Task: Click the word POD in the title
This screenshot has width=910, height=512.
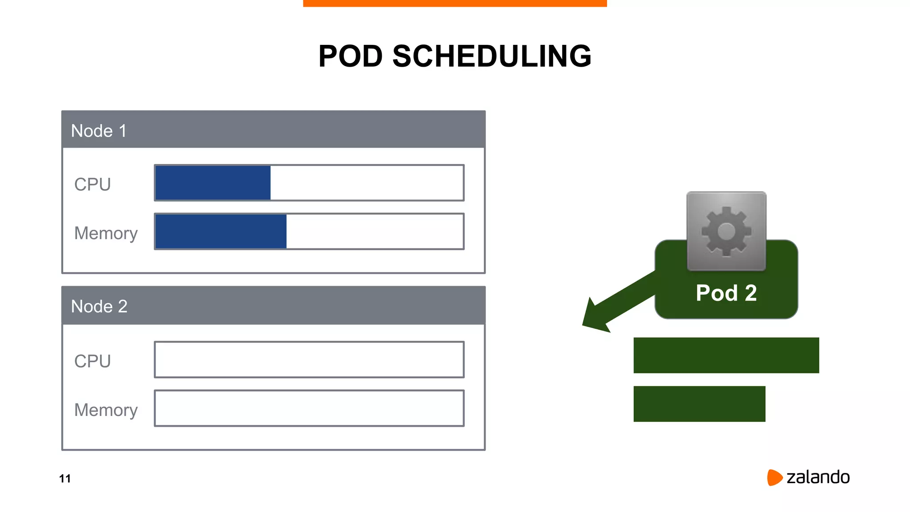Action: click(x=350, y=56)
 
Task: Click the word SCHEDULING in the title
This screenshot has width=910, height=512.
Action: click(x=492, y=56)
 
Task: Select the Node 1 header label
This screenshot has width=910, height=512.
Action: click(x=99, y=131)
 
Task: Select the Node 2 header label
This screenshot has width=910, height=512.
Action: click(x=99, y=307)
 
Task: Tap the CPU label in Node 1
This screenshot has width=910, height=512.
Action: click(x=92, y=184)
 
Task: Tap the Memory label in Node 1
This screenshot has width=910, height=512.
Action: click(x=106, y=233)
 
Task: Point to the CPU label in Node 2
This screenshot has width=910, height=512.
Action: click(x=92, y=361)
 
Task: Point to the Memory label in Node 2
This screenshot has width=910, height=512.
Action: click(x=106, y=410)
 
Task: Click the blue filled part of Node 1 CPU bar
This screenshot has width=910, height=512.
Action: click(x=213, y=183)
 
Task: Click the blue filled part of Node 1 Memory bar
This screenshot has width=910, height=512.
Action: click(x=221, y=232)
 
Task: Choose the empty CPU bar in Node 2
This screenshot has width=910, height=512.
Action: click(x=309, y=360)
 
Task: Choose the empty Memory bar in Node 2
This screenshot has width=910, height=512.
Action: click(x=309, y=408)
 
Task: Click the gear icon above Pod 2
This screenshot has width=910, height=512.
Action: click(x=726, y=231)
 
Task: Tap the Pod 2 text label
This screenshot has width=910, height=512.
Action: click(x=726, y=293)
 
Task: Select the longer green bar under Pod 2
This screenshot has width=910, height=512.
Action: click(x=726, y=355)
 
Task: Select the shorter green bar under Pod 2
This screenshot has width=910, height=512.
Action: click(x=699, y=404)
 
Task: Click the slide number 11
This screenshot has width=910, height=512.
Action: click(x=65, y=479)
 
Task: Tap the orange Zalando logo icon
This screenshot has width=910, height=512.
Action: click(x=774, y=477)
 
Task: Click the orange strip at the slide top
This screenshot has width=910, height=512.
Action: click(x=455, y=3)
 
